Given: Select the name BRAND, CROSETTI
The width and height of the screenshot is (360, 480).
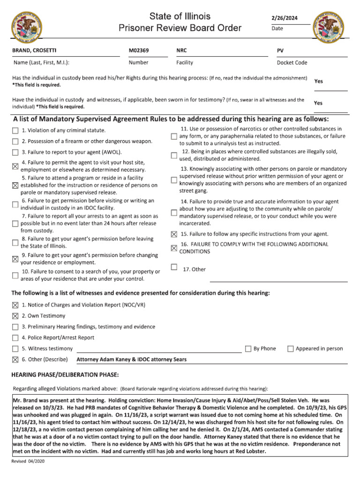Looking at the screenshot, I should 32,50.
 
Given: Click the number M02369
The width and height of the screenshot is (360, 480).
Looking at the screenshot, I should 139,50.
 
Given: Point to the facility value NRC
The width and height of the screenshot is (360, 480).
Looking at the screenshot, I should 181,50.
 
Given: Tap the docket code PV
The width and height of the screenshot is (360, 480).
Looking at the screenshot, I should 280,50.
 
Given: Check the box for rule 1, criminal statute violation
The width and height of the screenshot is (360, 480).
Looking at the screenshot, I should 15,131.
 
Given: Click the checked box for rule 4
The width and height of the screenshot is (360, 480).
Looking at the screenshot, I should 15,165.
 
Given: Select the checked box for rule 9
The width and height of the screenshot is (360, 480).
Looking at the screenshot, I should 15,259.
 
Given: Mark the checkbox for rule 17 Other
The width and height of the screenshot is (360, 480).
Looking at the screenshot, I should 174,267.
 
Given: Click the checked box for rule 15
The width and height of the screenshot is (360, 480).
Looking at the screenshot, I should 174,234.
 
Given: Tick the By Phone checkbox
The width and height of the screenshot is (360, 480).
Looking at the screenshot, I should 248,349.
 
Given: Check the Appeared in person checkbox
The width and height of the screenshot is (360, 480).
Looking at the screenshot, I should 291,349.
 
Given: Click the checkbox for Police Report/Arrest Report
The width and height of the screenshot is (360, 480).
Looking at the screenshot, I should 15,338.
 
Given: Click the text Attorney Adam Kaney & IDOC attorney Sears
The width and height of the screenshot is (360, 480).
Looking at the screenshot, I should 131,360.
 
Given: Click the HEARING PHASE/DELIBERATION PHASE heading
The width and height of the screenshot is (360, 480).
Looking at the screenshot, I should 65,375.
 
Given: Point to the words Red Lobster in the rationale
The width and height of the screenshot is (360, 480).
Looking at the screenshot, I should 249,451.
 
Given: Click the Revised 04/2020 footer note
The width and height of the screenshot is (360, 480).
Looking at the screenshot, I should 28,462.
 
